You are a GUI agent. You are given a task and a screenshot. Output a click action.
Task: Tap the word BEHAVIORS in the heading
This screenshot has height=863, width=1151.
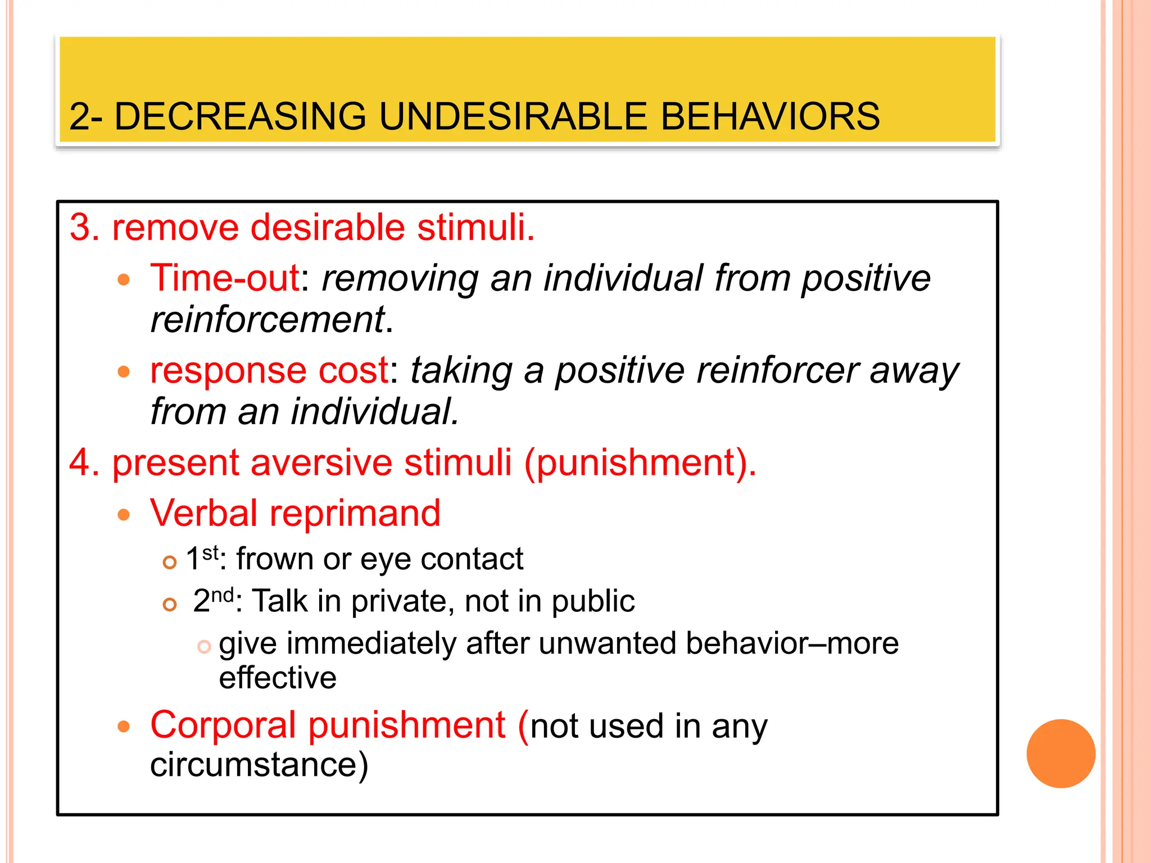769,116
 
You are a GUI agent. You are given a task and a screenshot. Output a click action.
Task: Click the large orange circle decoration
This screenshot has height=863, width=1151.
1061,753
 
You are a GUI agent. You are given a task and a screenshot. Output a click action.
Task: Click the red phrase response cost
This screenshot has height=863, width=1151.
269,370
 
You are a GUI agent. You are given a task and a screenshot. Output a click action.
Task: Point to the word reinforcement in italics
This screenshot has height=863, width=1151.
268,320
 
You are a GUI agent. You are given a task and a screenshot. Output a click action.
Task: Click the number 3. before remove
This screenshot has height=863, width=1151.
84,228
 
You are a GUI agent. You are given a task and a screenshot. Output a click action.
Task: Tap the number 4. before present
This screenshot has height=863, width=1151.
84,462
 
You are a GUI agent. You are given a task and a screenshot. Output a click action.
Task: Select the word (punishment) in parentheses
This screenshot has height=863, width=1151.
640,462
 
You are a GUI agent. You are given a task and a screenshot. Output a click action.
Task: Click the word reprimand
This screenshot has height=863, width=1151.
355,514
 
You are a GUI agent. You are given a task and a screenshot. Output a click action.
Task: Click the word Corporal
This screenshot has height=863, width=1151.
223,725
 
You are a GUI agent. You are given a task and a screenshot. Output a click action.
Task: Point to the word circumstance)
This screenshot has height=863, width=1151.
259,765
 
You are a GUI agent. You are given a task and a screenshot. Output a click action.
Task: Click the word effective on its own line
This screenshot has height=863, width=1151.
278,678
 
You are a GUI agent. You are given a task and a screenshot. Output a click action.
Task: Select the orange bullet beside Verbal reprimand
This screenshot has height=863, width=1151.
124,515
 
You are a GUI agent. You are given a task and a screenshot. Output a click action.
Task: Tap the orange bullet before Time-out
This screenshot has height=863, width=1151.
124,280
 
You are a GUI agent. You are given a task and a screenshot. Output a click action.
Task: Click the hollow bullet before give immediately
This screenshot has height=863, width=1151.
204,647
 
